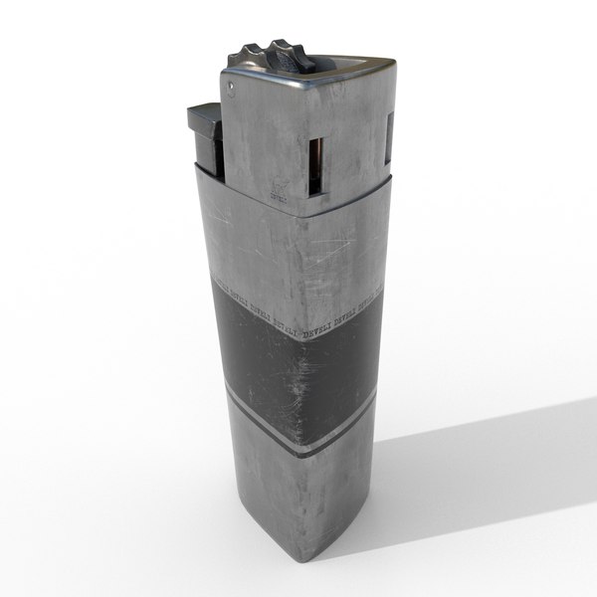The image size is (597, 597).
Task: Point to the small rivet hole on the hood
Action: click(x=231, y=88)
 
